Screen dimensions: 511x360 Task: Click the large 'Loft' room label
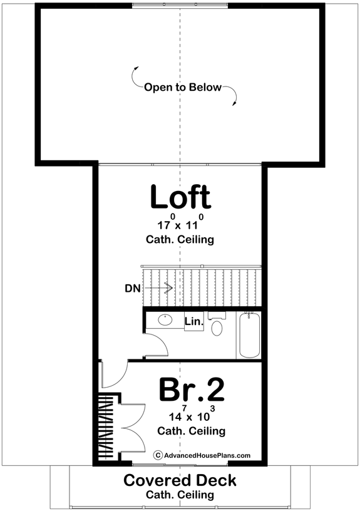(x=180, y=198)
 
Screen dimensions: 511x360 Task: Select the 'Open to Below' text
(x=183, y=88)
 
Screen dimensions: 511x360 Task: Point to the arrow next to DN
(x=160, y=288)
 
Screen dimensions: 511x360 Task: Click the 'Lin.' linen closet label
(x=193, y=322)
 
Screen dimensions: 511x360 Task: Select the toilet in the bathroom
(x=217, y=326)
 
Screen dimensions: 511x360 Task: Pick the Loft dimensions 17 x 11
(x=182, y=224)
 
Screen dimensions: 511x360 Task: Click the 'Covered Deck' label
(x=180, y=481)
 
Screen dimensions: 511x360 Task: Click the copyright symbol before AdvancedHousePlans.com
(x=158, y=456)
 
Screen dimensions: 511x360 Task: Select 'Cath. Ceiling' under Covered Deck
(x=180, y=495)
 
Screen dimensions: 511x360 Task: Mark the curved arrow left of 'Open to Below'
(x=135, y=75)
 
